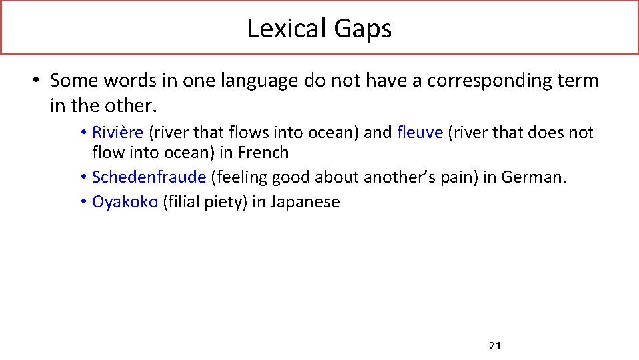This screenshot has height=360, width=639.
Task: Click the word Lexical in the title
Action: (277, 28)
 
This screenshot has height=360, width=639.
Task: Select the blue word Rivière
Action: (117, 133)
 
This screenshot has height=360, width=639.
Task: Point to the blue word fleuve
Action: (420, 133)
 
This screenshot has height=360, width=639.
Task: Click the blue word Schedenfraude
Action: (149, 177)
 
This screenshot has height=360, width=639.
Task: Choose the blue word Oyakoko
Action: (125, 202)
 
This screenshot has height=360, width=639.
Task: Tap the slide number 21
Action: (495, 345)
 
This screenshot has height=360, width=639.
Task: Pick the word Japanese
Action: (305, 203)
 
